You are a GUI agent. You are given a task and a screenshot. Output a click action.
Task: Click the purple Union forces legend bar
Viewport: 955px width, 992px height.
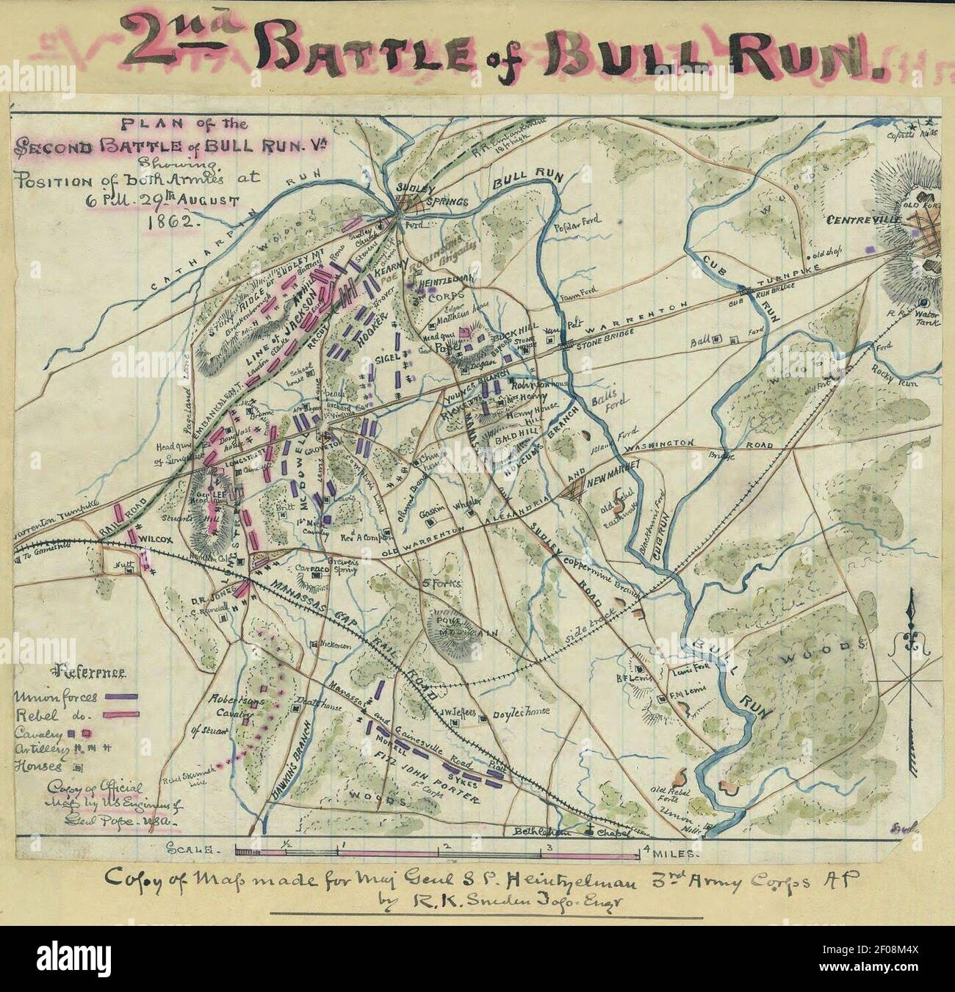coord(122,694)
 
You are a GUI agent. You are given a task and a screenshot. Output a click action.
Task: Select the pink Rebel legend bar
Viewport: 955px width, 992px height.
coord(122,712)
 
